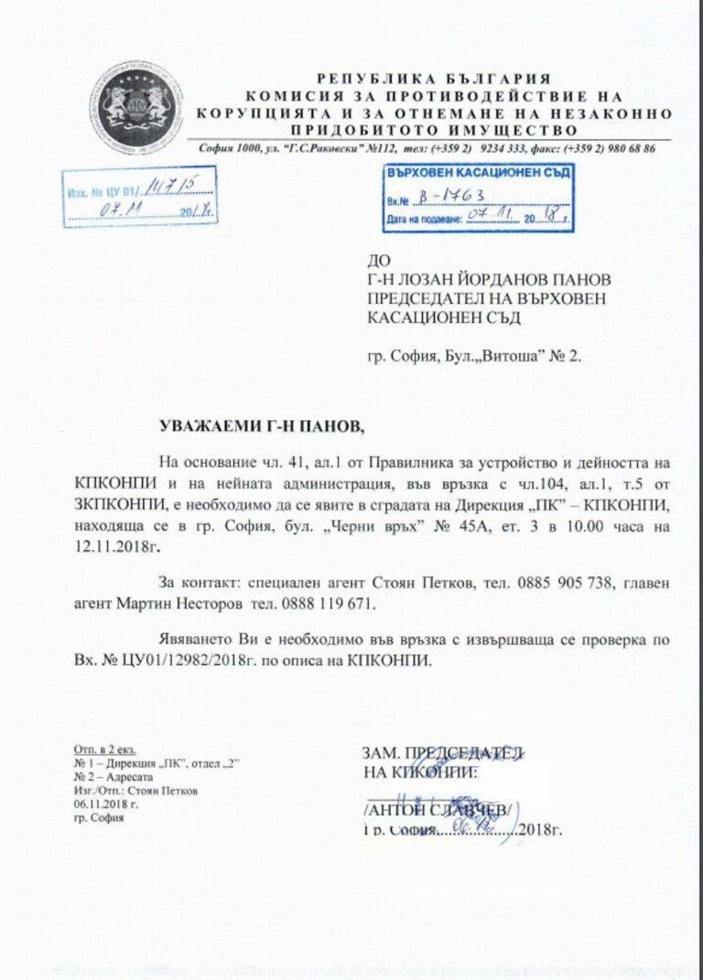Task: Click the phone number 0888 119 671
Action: pos(330,604)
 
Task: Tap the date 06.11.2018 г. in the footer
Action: pos(105,804)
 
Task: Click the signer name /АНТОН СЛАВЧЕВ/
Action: pos(439,809)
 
